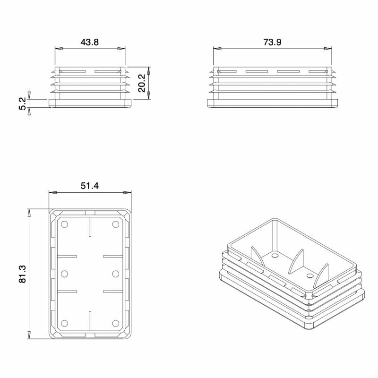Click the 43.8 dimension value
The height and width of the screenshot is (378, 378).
pos(90,42)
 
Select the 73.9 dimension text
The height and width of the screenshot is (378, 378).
pos(273,42)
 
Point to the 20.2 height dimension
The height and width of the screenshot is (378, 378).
pos(141,83)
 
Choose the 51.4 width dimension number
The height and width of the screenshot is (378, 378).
pos(89,186)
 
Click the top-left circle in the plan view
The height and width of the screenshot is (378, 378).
pos(65,223)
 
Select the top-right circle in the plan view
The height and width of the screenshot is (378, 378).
pos(115,223)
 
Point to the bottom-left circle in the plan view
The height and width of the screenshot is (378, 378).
pos(65,323)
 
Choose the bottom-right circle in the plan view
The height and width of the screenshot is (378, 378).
pos(115,323)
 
